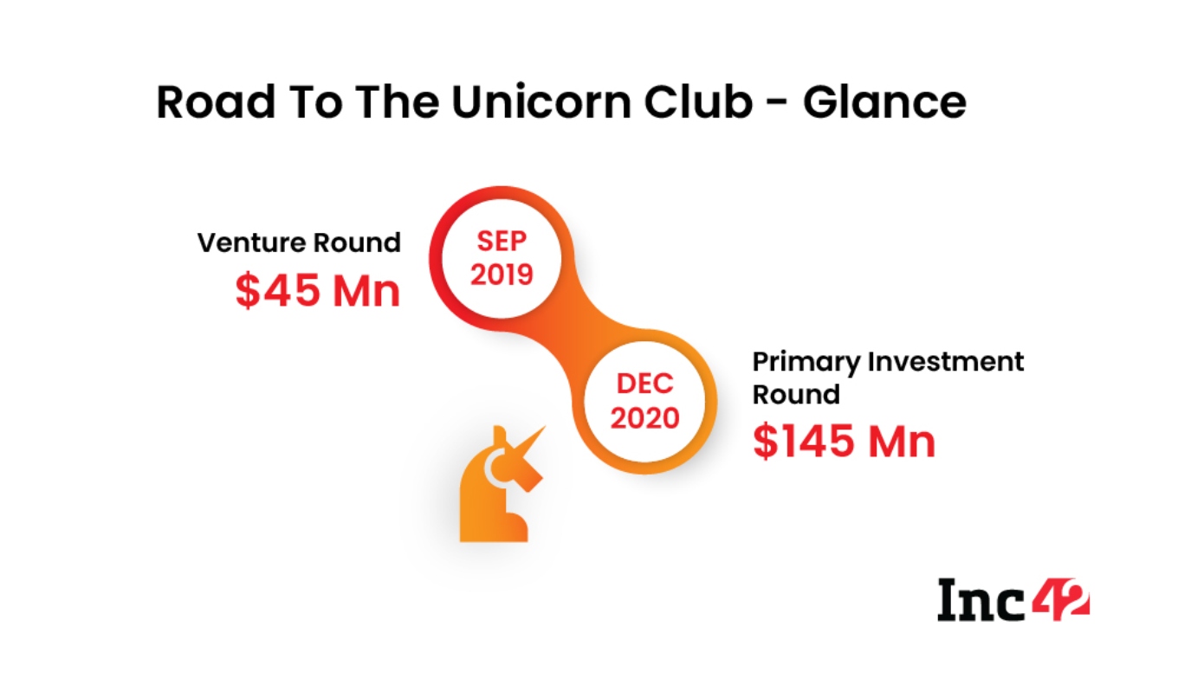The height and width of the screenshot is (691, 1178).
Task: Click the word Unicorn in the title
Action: click(x=541, y=101)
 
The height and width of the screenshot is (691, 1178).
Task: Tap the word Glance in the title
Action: click(x=884, y=101)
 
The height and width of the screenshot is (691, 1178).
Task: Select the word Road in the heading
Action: click(x=217, y=101)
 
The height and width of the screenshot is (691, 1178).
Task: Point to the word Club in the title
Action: click(x=698, y=101)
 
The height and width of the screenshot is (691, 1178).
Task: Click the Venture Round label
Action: click(x=299, y=243)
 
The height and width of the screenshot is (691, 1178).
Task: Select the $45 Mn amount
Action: click(x=318, y=290)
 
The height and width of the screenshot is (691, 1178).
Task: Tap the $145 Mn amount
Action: click(x=844, y=442)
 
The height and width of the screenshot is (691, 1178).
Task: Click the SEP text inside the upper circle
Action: click(x=502, y=242)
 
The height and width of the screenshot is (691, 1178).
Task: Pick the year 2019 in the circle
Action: click(x=502, y=274)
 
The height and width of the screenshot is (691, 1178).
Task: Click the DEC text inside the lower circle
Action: click(x=644, y=384)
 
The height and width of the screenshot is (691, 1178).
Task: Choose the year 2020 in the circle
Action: click(x=644, y=418)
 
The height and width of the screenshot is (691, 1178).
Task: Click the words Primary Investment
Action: click(x=888, y=362)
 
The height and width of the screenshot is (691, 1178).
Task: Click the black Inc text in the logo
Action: click(x=981, y=600)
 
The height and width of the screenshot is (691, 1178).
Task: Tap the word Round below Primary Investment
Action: click(x=796, y=394)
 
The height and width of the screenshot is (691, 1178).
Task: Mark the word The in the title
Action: click(x=397, y=101)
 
